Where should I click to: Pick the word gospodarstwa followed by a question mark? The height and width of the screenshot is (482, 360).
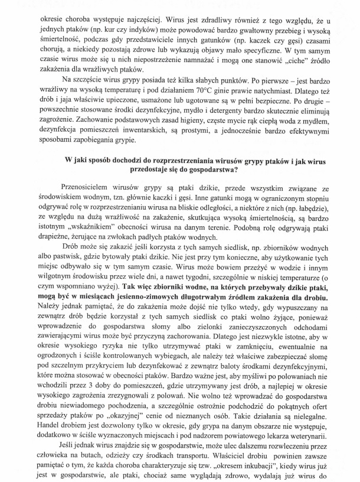209,171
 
